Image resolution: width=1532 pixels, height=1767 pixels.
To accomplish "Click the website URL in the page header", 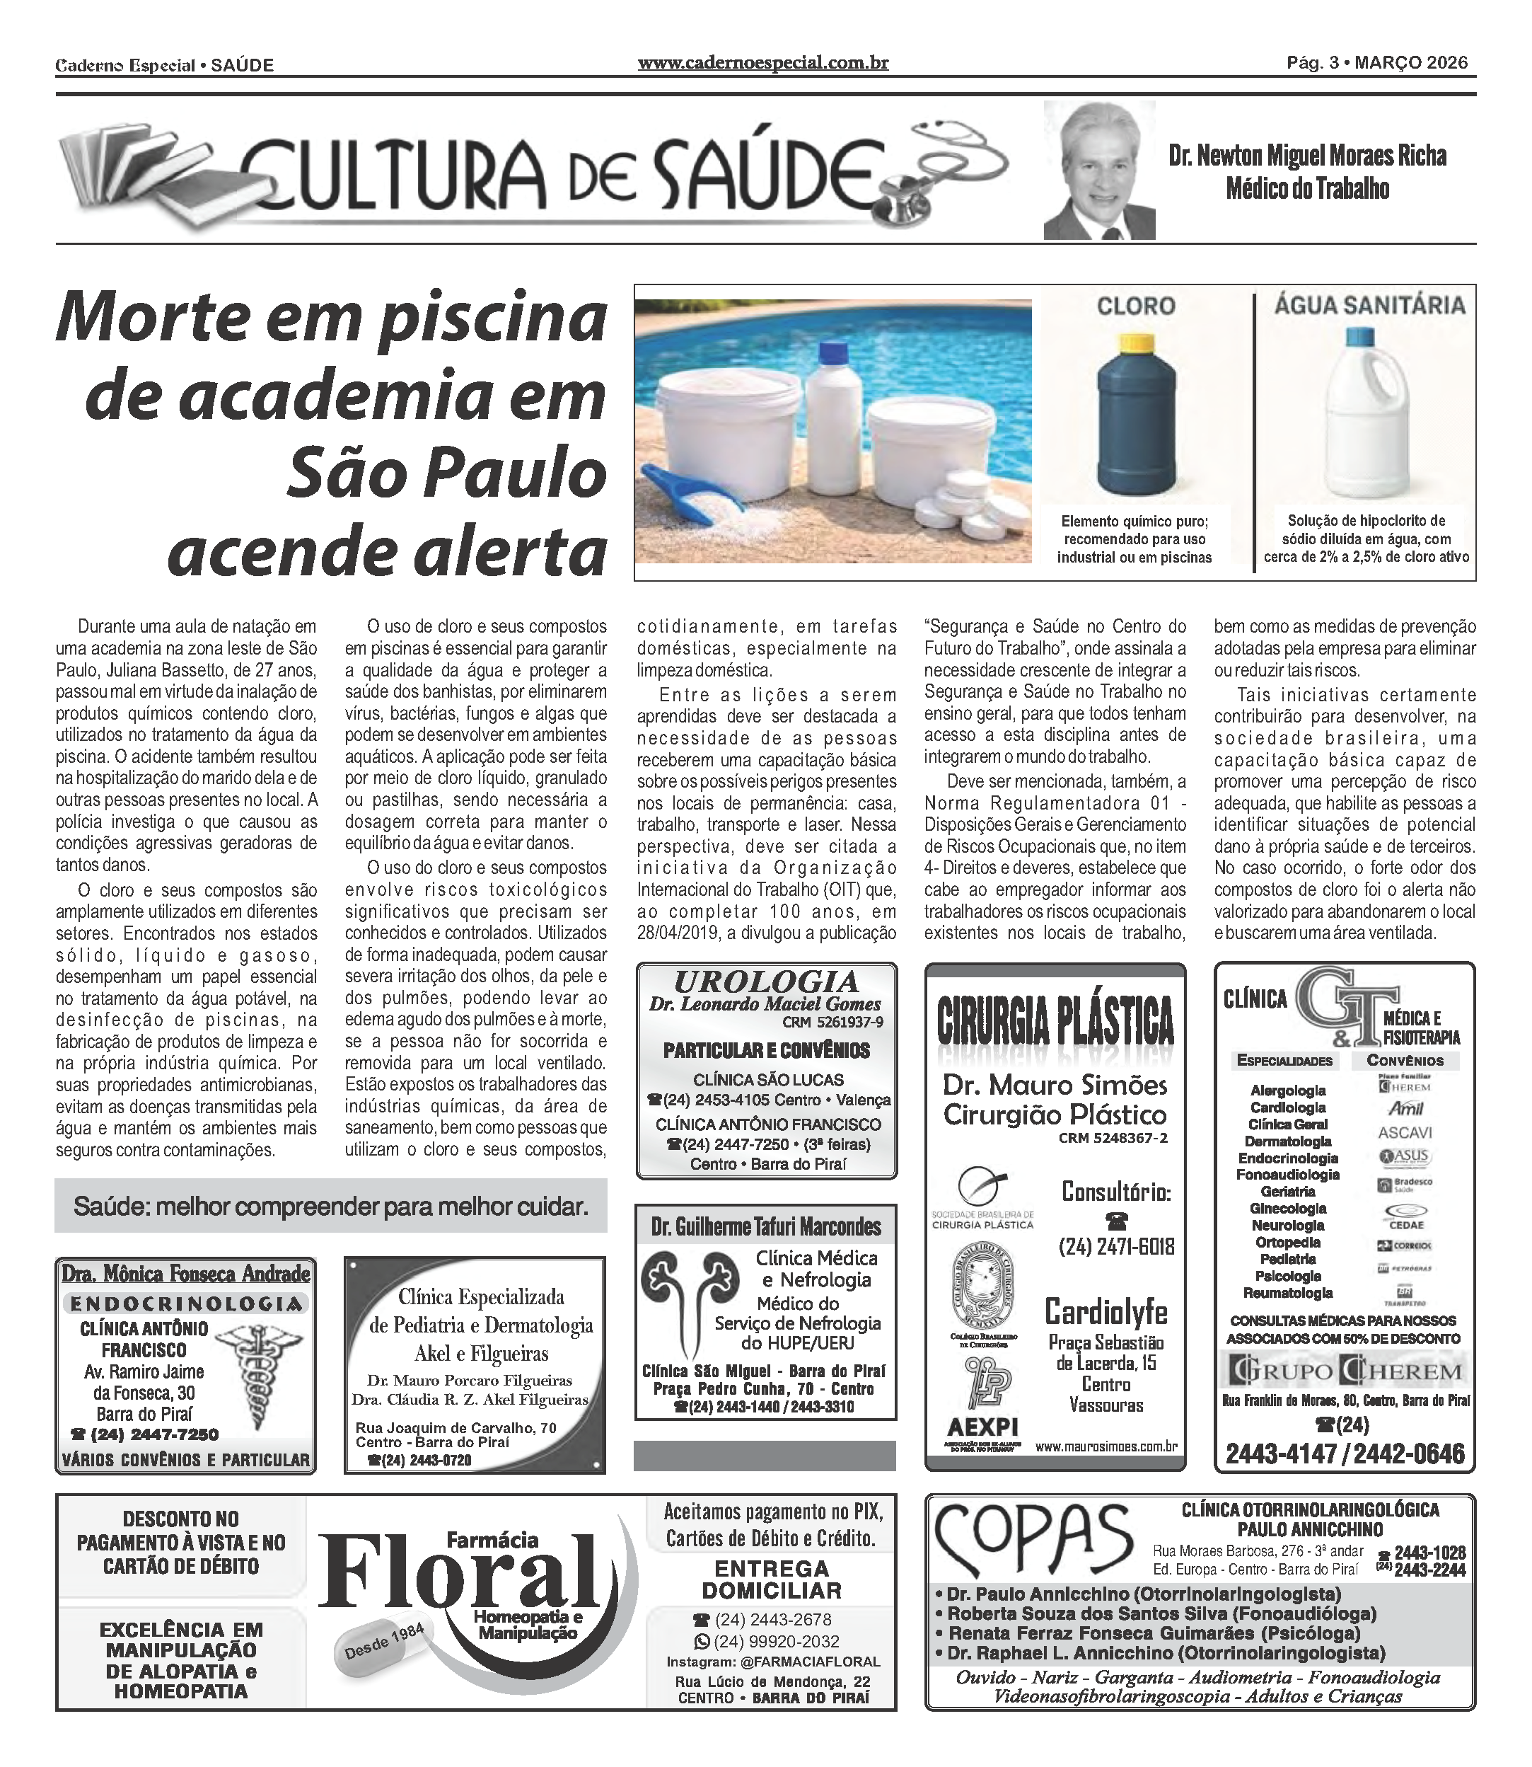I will click(x=762, y=63).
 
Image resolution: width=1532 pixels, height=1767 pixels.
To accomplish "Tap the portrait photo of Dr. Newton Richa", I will click(x=1098, y=171).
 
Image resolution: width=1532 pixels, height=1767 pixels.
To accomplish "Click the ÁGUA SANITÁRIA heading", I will click(x=1369, y=305).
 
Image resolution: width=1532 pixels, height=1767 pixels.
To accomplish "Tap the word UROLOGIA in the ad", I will click(x=766, y=982).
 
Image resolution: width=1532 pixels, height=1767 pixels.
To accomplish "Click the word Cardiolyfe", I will click(x=1106, y=1311).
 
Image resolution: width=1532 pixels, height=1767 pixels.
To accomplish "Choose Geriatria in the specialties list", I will click(x=1287, y=1192).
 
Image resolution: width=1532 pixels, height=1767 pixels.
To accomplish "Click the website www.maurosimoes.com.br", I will click(x=1106, y=1446).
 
